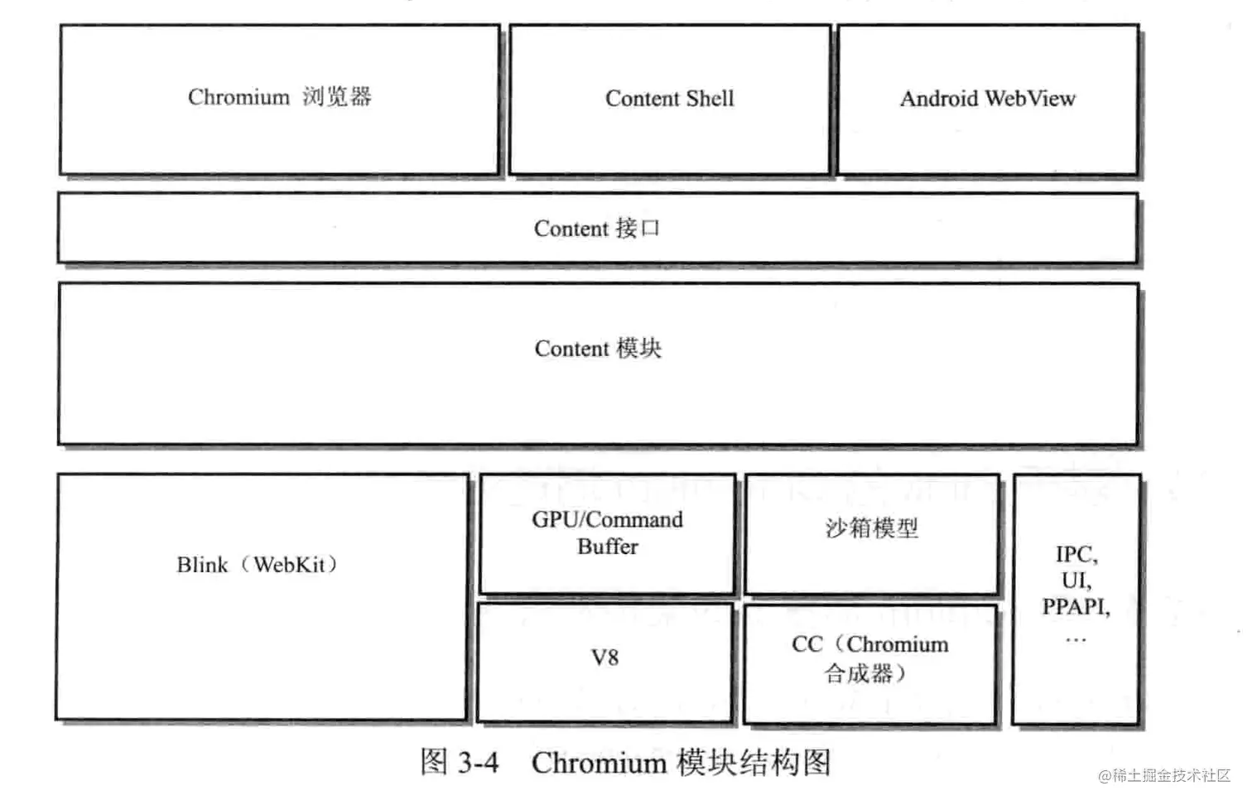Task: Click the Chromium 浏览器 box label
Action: point(279,98)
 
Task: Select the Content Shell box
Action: point(669,99)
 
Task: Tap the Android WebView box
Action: point(988,99)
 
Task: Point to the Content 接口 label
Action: point(596,229)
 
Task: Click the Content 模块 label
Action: point(598,349)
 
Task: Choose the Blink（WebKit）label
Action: point(258,565)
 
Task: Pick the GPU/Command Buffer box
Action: point(607,533)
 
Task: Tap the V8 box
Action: point(605,658)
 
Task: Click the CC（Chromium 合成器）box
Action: point(869,659)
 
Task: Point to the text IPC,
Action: point(1076,554)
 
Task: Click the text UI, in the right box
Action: point(1076,580)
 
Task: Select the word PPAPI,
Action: point(1076,607)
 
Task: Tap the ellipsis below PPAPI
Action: point(1076,639)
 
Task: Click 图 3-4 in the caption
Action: point(460,762)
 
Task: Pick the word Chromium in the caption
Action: point(599,763)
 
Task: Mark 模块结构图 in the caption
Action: point(754,763)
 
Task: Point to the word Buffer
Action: point(608,547)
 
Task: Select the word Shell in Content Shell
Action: point(710,99)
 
